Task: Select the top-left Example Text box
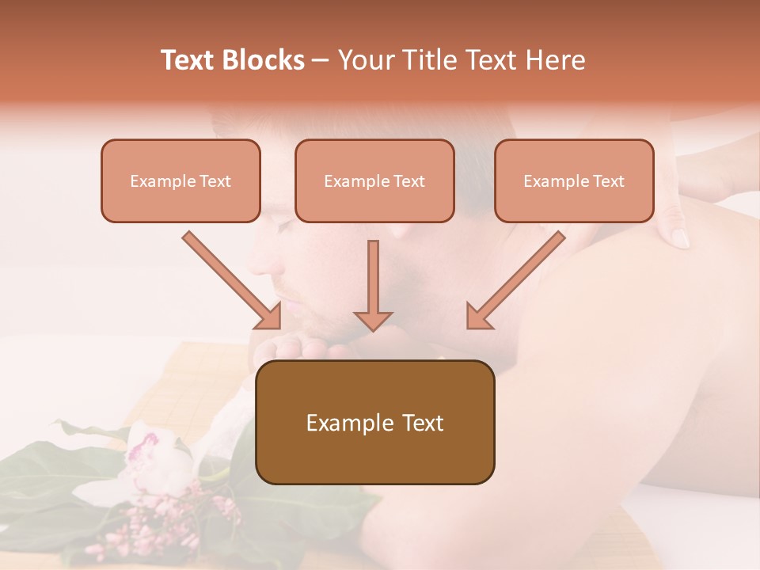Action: [x=180, y=180]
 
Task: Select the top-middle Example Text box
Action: [x=374, y=180]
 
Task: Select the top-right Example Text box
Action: [x=574, y=180]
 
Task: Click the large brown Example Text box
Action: [x=374, y=422]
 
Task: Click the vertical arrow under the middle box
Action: [x=373, y=285]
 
